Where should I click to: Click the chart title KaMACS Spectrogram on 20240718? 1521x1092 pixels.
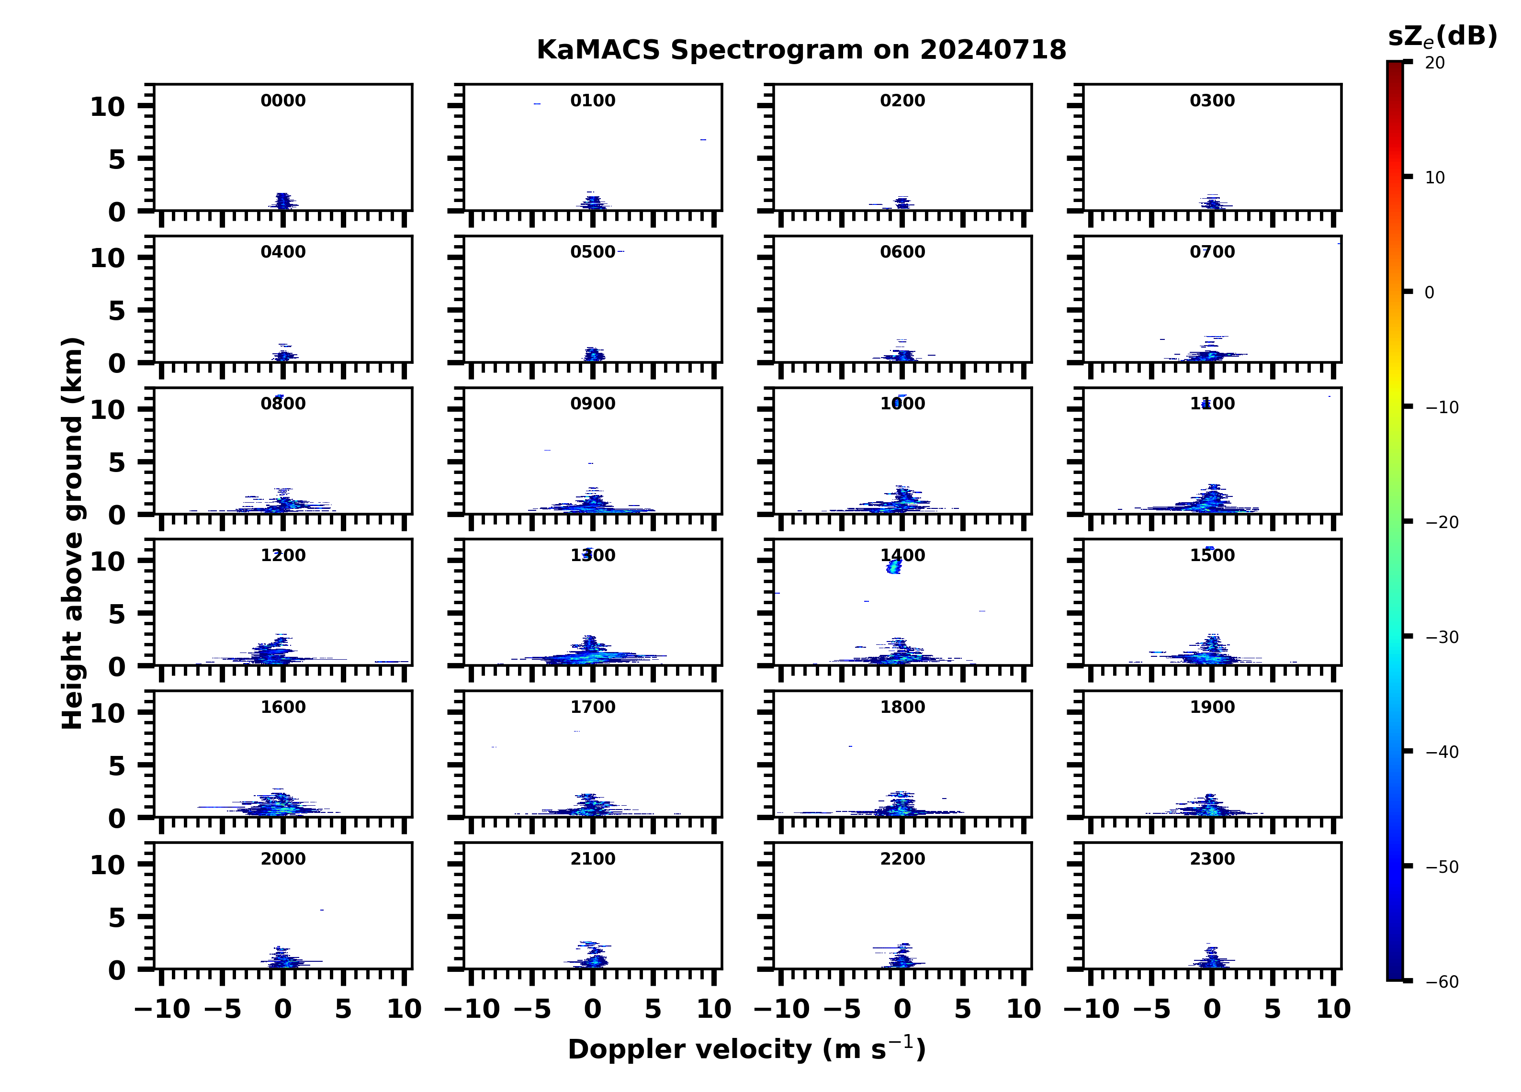[801, 50]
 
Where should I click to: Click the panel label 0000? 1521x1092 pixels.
[283, 101]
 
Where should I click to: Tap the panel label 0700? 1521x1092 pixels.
[1212, 252]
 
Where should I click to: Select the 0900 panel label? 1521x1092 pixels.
[593, 404]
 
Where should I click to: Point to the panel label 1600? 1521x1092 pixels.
[283, 707]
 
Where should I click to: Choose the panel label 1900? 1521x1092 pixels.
[1212, 707]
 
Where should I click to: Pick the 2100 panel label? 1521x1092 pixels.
[593, 859]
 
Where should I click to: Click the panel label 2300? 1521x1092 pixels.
[1212, 859]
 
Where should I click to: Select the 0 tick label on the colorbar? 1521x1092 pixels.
[1429, 293]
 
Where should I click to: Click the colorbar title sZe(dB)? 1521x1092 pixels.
[1442, 36]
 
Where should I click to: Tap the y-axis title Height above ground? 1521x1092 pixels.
[72, 533]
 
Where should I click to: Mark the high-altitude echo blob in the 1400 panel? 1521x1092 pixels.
[893, 567]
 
